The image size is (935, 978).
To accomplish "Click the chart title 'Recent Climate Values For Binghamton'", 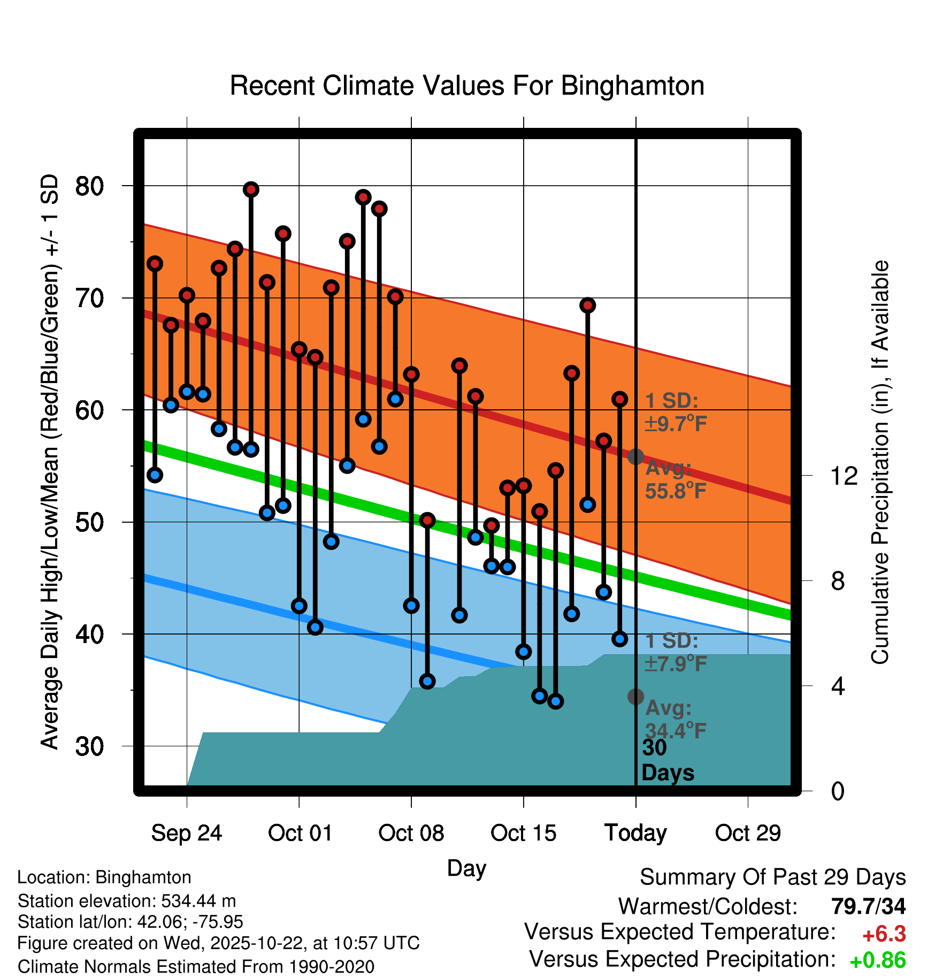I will pyautogui.click(x=466, y=86).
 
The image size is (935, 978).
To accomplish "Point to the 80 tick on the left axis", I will pyautogui.click(x=89, y=186).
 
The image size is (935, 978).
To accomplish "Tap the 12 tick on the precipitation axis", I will pyautogui.click(x=844, y=476).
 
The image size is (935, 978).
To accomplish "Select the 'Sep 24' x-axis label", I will pyautogui.click(x=186, y=833).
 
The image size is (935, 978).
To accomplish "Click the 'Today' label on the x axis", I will pyautogui.click(x=635, y=833).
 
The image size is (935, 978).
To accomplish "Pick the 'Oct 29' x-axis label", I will pyautogui.click(x=748, y=833).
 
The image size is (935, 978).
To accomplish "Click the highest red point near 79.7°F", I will pyautogui.click(x=251, y=189).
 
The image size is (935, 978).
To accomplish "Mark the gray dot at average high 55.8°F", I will pyautogui.click(x=635, y=456).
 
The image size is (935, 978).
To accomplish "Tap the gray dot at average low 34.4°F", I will pyautogui.click(x=635, y=696).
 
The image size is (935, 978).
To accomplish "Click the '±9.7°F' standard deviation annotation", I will pyautogui.click(x=676, y=424).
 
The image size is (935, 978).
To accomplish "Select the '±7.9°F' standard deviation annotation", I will pyautogui.click(x=676, y=664).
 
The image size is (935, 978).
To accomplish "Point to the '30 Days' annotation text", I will pyautogui.click(x=667, y=760).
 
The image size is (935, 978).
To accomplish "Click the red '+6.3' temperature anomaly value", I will pyautogui.click(x=884, y=934).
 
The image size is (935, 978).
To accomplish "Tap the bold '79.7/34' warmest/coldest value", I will pyautogui.click(x=868, y=906).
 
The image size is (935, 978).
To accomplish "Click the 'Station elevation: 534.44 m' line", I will pyautogui.click(x=127, y=901).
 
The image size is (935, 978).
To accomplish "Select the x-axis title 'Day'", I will pyautogui.click(x=466, y=868).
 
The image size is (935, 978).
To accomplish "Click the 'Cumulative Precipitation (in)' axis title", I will pyautogui.click(x=880, y=462).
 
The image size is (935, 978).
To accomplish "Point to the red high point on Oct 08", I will pyautogui.click(x=411, y=374).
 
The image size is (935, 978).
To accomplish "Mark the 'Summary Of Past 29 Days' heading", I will pyautogui.click(x=772, y=877).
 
